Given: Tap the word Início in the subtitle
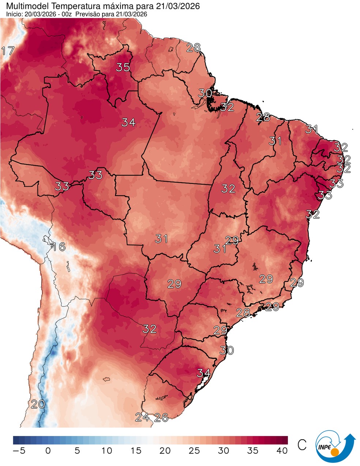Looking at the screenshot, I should pos(13,14).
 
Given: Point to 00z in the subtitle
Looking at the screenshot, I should pos(68,14).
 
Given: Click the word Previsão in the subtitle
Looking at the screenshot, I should pos(92,14).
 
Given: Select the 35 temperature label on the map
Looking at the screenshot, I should pos(123,67).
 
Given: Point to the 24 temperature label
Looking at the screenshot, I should pos(142,417).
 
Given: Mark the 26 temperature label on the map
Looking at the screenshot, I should pos(161,417).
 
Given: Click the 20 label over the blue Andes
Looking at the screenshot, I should pos(38,405).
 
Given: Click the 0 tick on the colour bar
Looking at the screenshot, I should pos(48,451).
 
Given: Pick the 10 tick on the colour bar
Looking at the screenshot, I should pos(106,451).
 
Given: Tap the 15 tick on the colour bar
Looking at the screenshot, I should pos(136,451).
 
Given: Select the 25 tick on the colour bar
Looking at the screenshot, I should pos(194,451).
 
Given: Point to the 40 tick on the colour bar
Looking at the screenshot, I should pos(282,451).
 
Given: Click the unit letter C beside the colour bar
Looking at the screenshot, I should pos(302,445).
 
